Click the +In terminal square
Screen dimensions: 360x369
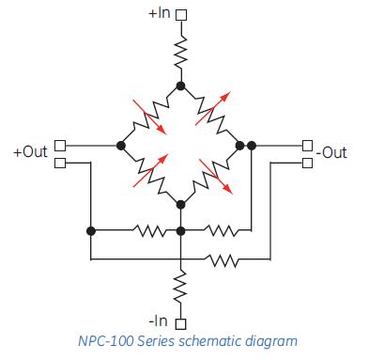181,15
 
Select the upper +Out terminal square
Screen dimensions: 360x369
59,145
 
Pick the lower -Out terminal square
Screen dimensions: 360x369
306,162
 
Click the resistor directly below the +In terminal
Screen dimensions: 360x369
181,53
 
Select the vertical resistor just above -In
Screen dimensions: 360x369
181,283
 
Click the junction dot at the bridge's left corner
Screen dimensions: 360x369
121,146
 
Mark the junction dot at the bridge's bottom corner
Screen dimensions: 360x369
181,204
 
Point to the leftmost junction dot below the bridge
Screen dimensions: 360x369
91,229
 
